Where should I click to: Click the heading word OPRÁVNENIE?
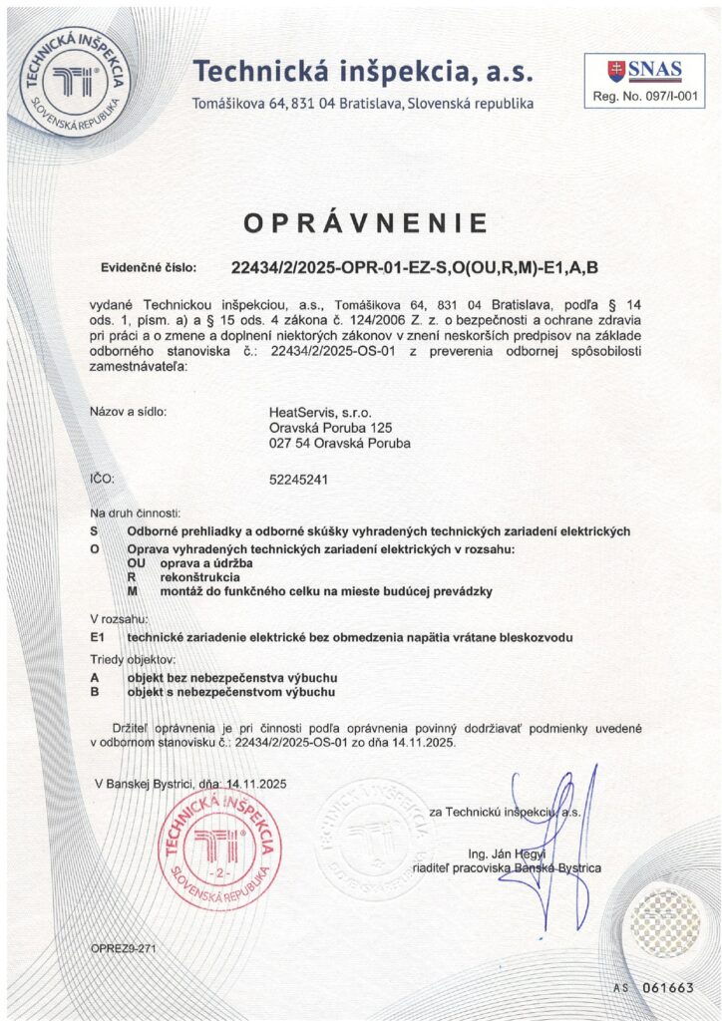[366, 222]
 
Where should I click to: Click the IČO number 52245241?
[299, 480]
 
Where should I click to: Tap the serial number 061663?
[668, 987]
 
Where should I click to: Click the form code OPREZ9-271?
[123, 947]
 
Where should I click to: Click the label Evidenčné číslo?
[150, 268]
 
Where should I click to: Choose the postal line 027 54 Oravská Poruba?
[340, 444]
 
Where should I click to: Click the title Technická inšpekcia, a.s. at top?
[363, 72]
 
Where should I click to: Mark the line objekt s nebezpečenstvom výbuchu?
[231, 691]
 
